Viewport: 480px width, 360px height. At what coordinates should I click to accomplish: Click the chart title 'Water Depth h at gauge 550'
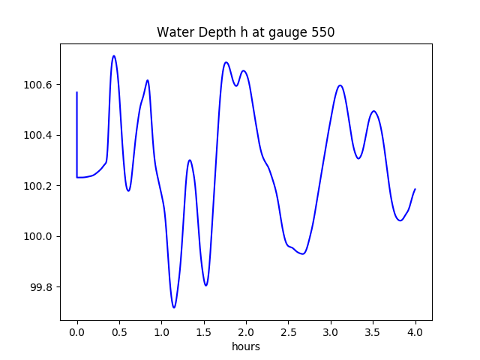coord(245,33)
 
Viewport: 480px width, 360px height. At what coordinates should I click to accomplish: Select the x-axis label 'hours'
coord(246,347)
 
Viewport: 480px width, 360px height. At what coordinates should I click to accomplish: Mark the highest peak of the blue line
coord(114,55)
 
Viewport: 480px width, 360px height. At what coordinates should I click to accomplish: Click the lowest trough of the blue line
coord(174,307)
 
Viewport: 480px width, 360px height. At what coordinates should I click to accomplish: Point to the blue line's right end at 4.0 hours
coord(415,189)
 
